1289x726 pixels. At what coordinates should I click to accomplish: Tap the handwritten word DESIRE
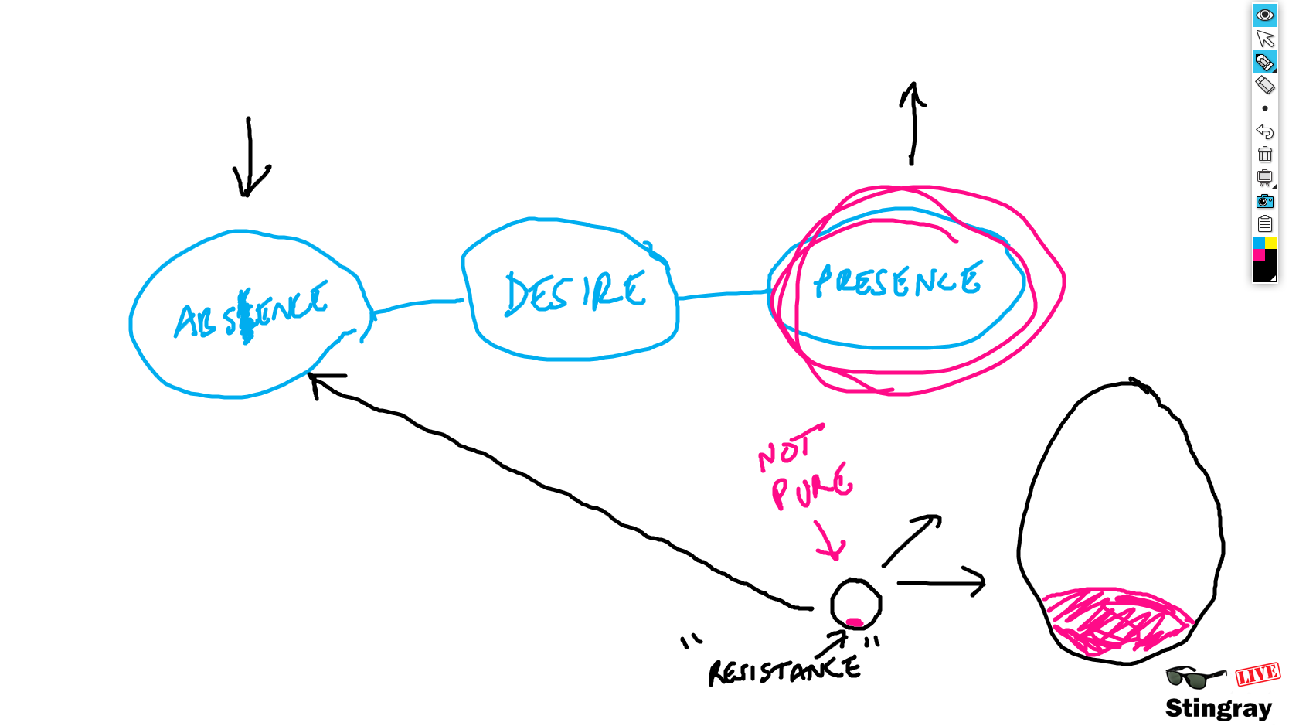(x=575, y=293)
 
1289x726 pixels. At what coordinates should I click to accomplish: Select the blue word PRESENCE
(x=897, y=281)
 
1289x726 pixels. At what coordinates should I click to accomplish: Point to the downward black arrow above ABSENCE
(x=249, y=158)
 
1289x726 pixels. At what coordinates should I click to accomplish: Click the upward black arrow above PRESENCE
(x=913, y=124)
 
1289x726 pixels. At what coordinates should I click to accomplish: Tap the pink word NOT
(x=787, y=448)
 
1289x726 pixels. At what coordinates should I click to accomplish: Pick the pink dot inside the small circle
(x=854, y=622)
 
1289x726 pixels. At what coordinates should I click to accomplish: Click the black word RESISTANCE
(x=784, y=671)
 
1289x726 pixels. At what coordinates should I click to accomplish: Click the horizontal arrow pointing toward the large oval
(x=941, y=582)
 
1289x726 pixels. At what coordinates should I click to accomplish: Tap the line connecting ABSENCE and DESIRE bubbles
(x=418, y=304)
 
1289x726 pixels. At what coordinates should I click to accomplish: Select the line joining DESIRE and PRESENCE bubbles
(x=723, y=295)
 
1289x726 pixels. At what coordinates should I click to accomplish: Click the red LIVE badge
(x=1257, y=674)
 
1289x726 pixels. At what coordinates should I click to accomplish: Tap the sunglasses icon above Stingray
(x=1194, y=677)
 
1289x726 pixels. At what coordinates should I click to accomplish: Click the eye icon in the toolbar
(x=1264, y=15)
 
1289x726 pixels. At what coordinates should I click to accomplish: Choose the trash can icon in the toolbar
(x=1264, y=155)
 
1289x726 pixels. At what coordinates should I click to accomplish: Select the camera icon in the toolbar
(x=1264, y=201)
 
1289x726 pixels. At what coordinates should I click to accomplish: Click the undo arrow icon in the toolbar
(x=1264, y=131)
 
